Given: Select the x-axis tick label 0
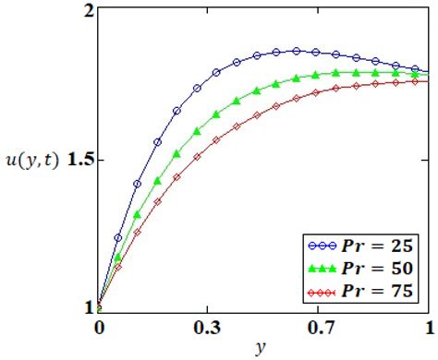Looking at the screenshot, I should coord(98,327).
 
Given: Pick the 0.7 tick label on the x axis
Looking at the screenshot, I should coord(322,327).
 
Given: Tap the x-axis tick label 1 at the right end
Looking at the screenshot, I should coord(428,327).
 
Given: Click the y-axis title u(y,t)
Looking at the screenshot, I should coord(32,160).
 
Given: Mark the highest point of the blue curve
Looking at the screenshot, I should coord(297,51).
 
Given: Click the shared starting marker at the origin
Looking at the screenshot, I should coord(98,307).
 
